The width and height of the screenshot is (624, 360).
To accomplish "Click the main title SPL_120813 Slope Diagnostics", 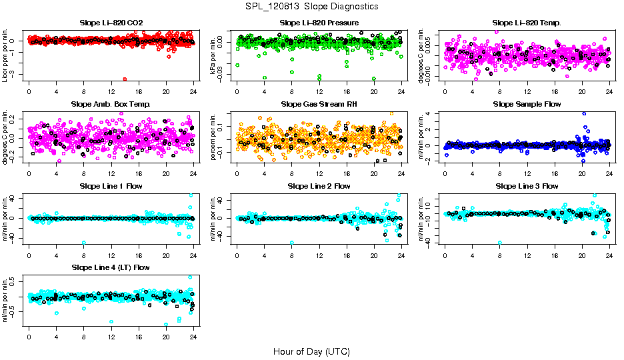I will click(x=311, y=7).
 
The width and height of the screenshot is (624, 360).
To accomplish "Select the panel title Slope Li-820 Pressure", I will click(x=319, y=23).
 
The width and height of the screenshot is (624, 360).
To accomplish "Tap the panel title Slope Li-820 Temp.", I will click(x=527, y=23).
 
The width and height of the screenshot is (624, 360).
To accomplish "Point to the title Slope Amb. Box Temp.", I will click(x=111, y=105).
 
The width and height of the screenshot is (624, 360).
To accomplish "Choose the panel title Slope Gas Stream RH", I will click(x=319, y=105).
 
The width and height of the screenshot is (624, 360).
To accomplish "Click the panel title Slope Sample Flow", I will click(x=527, y=105).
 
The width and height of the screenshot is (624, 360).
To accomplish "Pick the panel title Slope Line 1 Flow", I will click(x=111, y=186).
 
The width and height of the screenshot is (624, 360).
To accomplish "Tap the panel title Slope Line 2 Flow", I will click(x=319, y=186).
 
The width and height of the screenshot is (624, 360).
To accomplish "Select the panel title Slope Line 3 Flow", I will click(x=527, y=186).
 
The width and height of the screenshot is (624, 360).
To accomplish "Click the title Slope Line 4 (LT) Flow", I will click(x=111, y=267).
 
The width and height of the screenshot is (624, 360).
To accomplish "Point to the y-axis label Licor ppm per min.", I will click(x=6, y=56).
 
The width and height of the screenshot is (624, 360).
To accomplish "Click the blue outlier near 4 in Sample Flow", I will click(x=584, y=114).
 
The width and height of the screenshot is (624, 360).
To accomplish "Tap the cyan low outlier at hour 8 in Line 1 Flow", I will click(x=84, y=243).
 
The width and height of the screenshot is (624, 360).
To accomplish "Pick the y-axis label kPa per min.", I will click(x=214, y=56).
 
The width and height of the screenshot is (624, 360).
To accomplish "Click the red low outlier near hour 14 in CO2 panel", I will click(x=125, y=79).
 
